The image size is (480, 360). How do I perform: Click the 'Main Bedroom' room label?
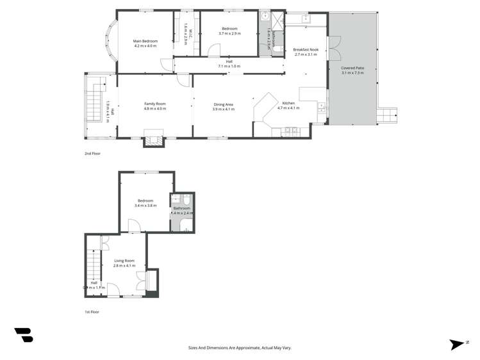click(145, 41)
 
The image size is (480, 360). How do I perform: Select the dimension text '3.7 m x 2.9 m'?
click(229, 33)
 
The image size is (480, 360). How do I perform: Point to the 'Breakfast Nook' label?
click(306, 49)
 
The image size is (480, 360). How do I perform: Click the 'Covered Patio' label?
click(352, 68)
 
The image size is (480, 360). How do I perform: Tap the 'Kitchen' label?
click(288, 103)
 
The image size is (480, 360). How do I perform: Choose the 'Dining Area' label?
click(223, 104)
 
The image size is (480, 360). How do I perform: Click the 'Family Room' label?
click(154, 104)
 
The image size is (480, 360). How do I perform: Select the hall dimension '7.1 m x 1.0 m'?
click(229, 66)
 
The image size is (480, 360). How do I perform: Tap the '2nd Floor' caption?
click(92, 154)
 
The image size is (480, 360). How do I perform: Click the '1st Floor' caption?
click(92, 312)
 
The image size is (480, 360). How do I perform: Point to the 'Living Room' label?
click(124, 261)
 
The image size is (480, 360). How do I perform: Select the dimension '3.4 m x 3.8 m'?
click(145, 206)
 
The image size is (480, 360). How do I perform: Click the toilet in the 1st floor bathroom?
click(186, 199)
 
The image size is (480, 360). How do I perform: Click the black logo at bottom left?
click(24, 334)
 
